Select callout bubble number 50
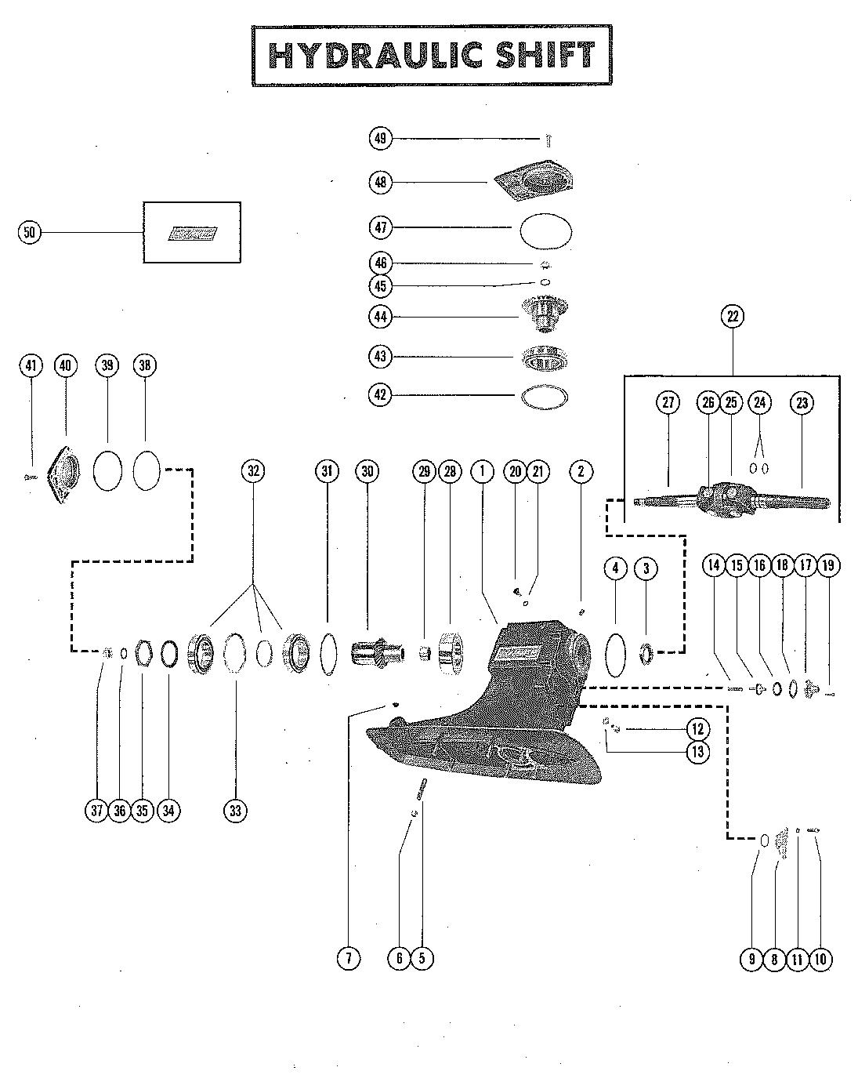coord(30,232)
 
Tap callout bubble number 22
coord(733,317)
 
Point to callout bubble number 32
coord(252,471)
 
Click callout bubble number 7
coord(348,957)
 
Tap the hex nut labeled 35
coord(143,652)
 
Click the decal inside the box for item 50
coord(191,233)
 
